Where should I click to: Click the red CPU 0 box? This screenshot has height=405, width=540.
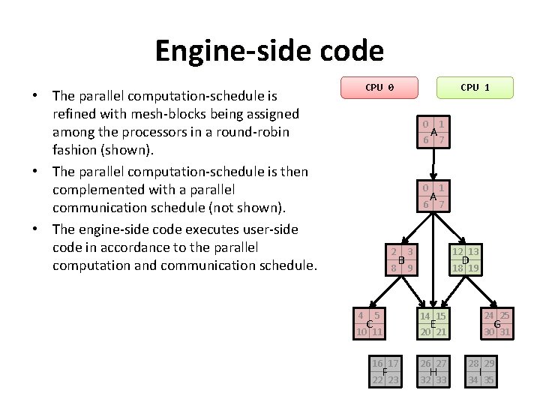[x=379, y=88]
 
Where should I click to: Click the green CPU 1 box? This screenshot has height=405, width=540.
[x=475, y=88]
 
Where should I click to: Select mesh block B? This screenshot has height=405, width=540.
[x=402, y=259]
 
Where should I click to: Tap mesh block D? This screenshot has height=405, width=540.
[x=465, y=259]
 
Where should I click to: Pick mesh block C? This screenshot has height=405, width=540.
[x=370, y=323]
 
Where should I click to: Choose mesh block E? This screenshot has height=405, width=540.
[x=433, y=323]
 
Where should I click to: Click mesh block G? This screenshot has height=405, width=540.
[x=496, y=323]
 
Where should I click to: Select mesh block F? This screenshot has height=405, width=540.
[x=385, y=372]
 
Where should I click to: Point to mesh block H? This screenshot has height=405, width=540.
[x=433, y=372]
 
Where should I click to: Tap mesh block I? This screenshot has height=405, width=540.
[x=481, y=372]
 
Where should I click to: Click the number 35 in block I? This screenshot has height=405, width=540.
[x=489, y=379]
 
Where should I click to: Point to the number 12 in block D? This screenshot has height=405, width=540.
[x=457, y=252]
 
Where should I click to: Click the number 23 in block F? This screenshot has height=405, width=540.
[x=393, y=379]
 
